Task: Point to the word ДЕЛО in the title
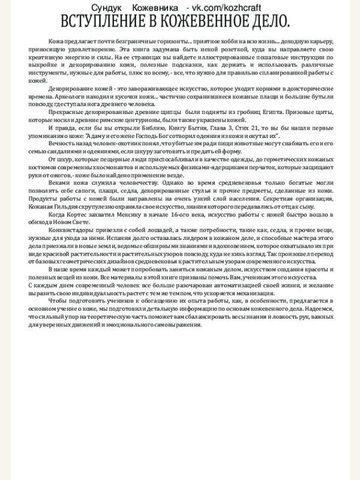coord(271,22)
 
